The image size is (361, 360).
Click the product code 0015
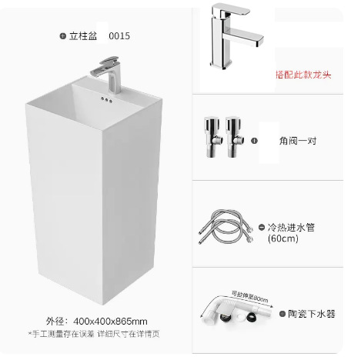pos(119,35)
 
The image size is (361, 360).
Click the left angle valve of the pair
pos(211,138)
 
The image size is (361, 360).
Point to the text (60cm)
pos(282,238)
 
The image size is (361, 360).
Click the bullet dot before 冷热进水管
pos(271,228)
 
